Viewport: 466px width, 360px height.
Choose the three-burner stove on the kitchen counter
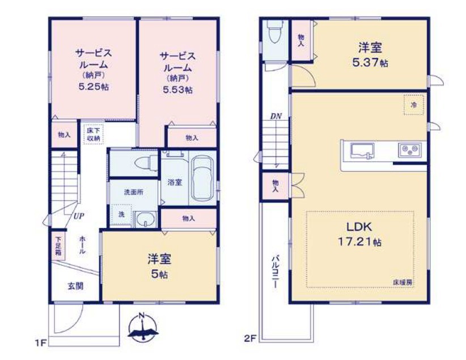point(410,150)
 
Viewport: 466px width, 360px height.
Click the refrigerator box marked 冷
point(414,105)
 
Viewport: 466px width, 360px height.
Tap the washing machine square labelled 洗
point(121,215)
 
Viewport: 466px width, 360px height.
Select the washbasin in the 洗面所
point(145,219)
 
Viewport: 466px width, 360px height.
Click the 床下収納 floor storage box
point(94,135)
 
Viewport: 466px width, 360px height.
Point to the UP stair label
point(78,216)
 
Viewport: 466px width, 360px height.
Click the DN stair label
point(276,117)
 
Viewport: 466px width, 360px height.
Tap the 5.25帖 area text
point(94,87)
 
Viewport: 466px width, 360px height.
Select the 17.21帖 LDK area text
point(359,242)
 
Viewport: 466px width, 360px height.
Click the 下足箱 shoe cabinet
point(58,246)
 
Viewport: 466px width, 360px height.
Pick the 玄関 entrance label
point(75,286)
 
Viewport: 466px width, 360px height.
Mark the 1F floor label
point(40,344)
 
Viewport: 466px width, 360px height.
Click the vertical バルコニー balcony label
point(275,271)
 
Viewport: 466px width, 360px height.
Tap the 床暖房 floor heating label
point(403,283)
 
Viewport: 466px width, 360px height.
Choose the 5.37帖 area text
point(370,63)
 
